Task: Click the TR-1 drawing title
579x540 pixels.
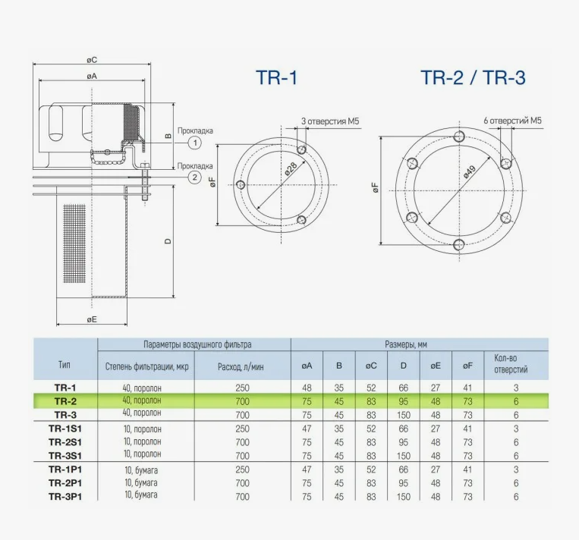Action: (276, 78)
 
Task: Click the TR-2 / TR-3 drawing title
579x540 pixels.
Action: (473, 78)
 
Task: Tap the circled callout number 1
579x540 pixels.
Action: (194, 143)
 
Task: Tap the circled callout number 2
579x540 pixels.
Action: (194, 177)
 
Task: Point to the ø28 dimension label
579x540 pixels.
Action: (291, 168)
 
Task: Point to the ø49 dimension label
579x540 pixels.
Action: (469, 172)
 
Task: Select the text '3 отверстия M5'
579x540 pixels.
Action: (330, 121)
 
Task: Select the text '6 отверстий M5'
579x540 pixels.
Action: (512, 121)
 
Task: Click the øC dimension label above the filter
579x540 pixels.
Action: (92, 60)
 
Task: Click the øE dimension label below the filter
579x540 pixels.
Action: (92, 319)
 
